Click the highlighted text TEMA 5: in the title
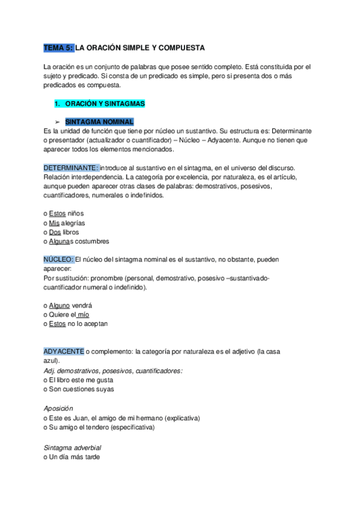[59, 47]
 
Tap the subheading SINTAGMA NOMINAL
[99, 121]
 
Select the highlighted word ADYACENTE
[64, 351]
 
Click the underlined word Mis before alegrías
[54, 223]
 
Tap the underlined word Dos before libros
[55, 232]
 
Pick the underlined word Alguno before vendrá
[59, 306]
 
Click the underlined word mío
[84, 315]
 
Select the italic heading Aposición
[58, 407]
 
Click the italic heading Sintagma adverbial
[73, 447]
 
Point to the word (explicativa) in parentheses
[182, 417]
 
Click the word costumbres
[90, 241]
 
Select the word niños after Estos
[76, 214]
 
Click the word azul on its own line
[51, 361]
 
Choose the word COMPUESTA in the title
[181, 47]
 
